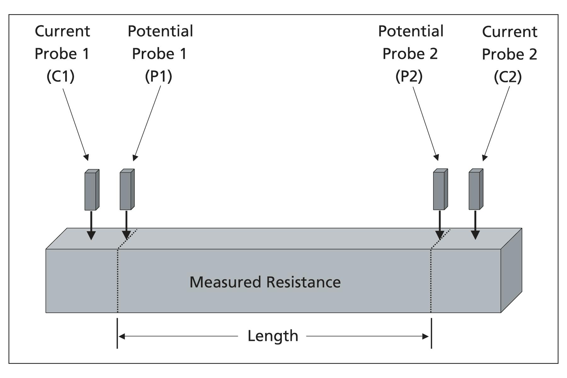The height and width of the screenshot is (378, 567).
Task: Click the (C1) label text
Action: [x=60, y=76]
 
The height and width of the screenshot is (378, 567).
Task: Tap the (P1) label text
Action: [x=158, y=76]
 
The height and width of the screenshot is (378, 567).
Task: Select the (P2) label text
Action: [x=409, y=76]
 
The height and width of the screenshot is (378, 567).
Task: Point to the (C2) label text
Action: [x=507, y=77]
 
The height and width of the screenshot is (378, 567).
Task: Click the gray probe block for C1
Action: [x=91, y=190]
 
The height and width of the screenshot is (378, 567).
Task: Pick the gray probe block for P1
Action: [x=127, y=190]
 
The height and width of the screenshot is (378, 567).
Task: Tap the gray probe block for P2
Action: [x=440, y=190]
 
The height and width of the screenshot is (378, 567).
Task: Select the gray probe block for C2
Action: [x=475, y=190]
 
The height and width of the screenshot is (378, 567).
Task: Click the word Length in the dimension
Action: [x=273, y=336]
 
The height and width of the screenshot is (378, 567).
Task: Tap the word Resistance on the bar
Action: [x=303, y=282]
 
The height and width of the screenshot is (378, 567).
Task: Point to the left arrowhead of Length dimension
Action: [x=121, y=336]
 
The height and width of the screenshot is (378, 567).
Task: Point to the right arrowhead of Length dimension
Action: [x=426, y=336]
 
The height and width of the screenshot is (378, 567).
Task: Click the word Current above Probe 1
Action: [x=62, y=31]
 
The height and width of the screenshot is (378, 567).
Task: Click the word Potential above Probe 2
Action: [x=411, y=31]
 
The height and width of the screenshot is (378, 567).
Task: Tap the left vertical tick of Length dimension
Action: [x=117, y=333]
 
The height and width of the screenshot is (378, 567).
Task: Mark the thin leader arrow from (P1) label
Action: [x=147, y=123]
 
